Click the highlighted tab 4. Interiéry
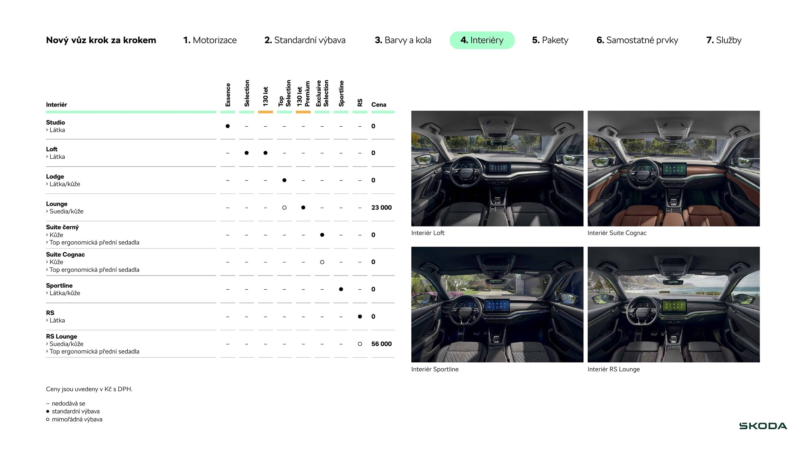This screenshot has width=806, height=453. [482, 40]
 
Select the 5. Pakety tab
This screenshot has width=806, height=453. [550, 40]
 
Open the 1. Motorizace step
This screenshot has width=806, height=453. [210, 40]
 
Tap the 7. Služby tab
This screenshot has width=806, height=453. [724, 40]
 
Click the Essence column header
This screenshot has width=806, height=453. [228, 95]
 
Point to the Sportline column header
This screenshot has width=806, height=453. [341, 94]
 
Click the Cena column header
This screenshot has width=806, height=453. [379, 104]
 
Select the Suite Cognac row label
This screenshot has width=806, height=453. [66, 255]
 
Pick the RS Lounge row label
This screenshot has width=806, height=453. [61, 336]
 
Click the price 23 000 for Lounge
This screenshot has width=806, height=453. [381, 207]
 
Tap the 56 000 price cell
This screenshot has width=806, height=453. [381, 344]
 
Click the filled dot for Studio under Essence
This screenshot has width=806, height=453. [228, 126]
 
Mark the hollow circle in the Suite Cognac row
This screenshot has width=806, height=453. [322, 262]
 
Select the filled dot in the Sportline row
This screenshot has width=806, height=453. [341, 289]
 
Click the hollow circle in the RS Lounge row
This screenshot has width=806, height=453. [360, 344]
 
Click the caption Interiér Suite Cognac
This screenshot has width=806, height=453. [617, 233]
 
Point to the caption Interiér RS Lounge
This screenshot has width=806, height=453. [614, 369]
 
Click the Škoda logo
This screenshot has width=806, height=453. [763, 426]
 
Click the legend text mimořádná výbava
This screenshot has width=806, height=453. [77, 419]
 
